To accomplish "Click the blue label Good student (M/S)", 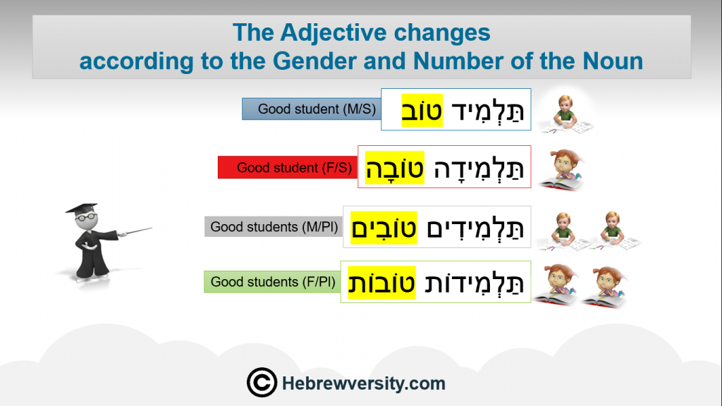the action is pos(312,109).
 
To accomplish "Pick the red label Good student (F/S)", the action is pos(288,168).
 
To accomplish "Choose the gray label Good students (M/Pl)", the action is pos(274,227).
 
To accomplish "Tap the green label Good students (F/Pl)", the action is pos(273,282).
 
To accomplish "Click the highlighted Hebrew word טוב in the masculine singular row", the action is pos(422,111).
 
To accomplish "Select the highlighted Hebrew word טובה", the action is pos(395,168).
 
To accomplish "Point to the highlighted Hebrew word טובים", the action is pos(384,228).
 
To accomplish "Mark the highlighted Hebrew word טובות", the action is pos(381,283).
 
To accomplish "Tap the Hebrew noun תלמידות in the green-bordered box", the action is pos(474,283).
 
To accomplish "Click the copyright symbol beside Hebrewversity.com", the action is pos(262,383).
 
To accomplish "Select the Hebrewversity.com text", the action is pos(363,383).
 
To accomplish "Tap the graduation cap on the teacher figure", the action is pos(82,208).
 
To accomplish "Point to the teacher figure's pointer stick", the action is pos(135,231).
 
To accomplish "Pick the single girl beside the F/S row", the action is pos(563,170).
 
